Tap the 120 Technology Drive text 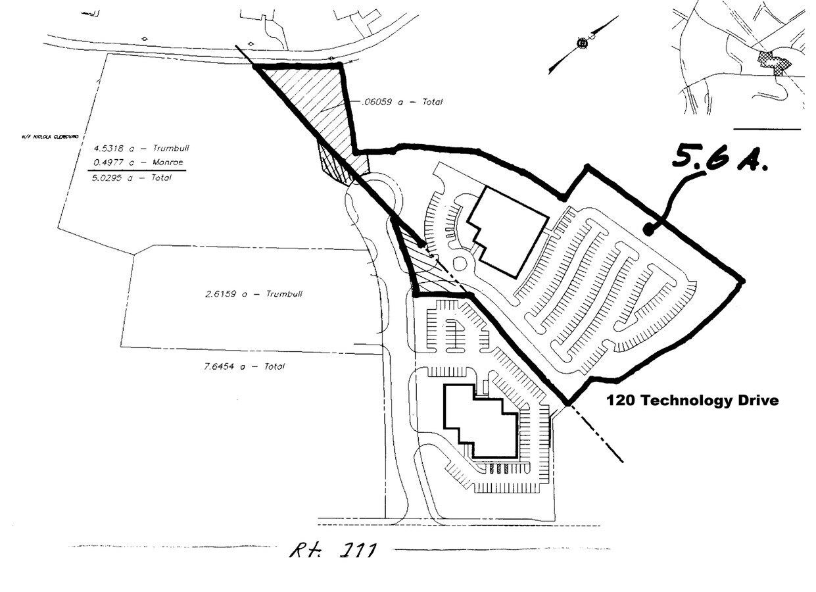(692, 400)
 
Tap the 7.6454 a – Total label (245, 366)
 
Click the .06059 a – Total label (402, 102)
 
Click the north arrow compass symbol (582, 44)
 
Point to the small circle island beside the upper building (460, 264)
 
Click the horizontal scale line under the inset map (766, 130)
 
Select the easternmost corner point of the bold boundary (742, 281)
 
